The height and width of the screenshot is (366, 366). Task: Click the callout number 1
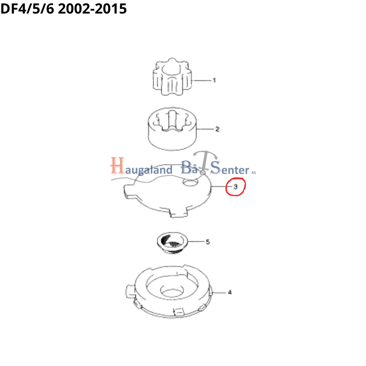214,81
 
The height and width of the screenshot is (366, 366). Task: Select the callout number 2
217,129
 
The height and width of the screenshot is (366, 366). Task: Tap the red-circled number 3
235,187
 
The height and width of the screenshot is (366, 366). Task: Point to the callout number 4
230,292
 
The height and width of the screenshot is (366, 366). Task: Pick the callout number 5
208,242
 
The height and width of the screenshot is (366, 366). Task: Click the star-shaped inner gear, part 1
172,76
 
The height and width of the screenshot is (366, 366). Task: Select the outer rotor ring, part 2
172,129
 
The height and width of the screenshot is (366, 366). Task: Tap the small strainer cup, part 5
172,243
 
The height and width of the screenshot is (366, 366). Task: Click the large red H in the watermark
117,165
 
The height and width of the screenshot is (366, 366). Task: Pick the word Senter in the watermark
230,168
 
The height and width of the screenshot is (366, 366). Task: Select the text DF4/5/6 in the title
27,9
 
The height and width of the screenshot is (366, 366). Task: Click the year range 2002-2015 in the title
92,9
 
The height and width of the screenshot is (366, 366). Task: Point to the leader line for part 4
219,292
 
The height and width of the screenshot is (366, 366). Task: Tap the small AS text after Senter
254,173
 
